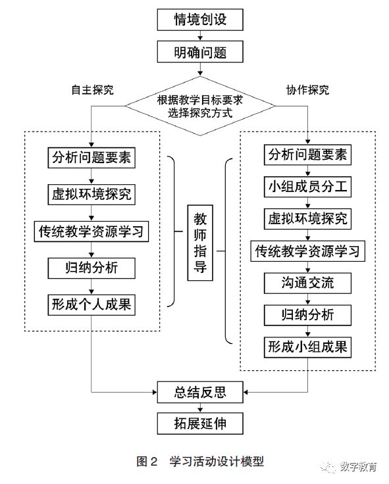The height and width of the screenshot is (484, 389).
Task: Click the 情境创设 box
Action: click(200, 20)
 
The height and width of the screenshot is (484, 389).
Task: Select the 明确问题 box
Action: click(200, 52)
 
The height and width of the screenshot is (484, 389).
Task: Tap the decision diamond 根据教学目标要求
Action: click(200, 106)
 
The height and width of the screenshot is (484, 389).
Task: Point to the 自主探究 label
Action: click(92, 90)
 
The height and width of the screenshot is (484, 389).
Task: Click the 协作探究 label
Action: click(308, 90)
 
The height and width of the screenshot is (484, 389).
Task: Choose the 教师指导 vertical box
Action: click(200, 243)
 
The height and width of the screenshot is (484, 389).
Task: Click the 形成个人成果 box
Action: click(91, 304)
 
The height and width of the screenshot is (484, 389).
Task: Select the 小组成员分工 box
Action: click(308, 187)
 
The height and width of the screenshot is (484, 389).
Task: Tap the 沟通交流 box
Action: click(308, 283)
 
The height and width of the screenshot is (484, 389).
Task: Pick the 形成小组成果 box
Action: click(308, 347)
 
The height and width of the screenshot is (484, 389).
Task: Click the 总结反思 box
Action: click(200, 392)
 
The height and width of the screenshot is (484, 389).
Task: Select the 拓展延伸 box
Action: click(200, 423)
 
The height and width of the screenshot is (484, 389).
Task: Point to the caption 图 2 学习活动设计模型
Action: click(200, 462)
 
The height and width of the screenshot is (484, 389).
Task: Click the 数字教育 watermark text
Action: click(359, 467)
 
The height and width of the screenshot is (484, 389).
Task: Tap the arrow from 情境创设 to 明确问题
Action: click(200, 36)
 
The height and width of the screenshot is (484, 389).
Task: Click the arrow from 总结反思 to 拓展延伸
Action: click(200, 408)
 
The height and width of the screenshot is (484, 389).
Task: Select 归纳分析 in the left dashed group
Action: click(91, 268)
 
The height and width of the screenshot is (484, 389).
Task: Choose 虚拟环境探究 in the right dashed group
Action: click(308, 219)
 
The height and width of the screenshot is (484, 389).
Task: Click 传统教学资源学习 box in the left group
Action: click(91, 231)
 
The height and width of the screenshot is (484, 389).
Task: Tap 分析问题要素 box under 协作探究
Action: click(308, 155)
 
